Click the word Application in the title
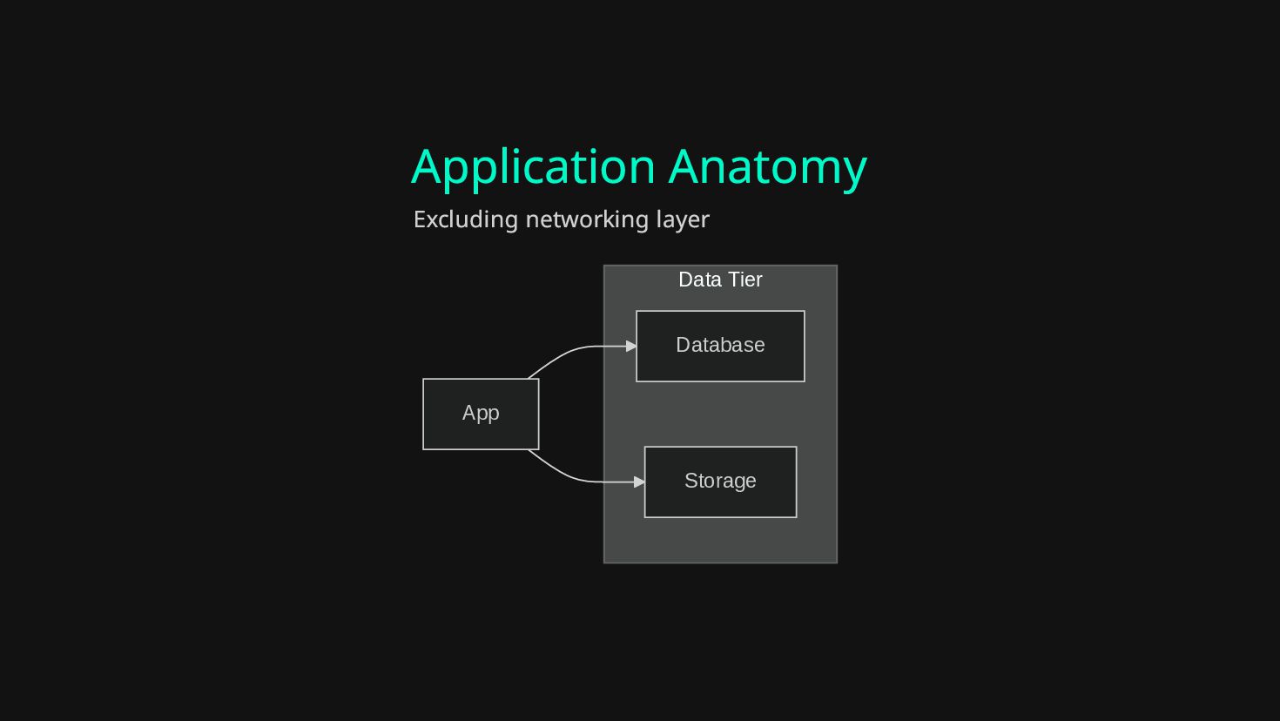click(x=533, y=167)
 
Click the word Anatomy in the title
click(x=767, y=167)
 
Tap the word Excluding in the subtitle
click(x=465, y=219)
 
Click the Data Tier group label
click(x=720, y=280)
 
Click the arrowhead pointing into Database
click(x=631, y=347)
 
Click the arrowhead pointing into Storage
click(x=640, y=482)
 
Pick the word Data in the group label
click(x=699, y=280)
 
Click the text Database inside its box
click(x=720, y=345)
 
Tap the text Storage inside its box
click(x=720, y=481)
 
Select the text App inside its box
click(x=481, y=413)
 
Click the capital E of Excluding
click(x=420, y=219)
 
